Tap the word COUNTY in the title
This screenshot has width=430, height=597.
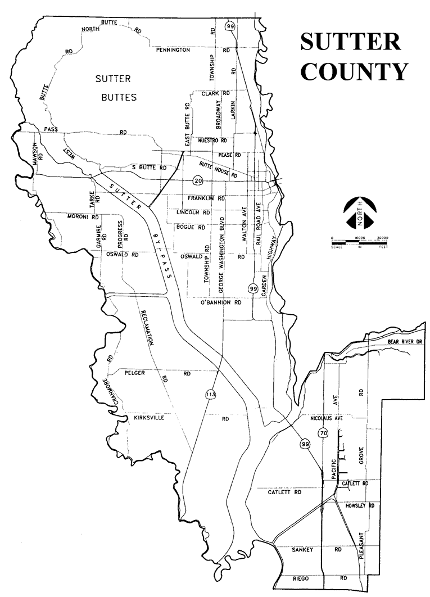[x=353, y=71]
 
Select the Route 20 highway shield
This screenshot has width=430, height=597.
[x=197, y=180]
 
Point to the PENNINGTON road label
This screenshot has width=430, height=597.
[x=173, y=50]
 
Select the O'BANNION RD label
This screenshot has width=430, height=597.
[x=220, y=302]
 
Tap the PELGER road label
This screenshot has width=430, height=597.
[x=135, y=373]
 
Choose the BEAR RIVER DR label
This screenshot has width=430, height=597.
[x=404, y=342]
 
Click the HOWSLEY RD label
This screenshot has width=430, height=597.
[x=358, y=506]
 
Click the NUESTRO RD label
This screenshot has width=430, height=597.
[x=209, y=140]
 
